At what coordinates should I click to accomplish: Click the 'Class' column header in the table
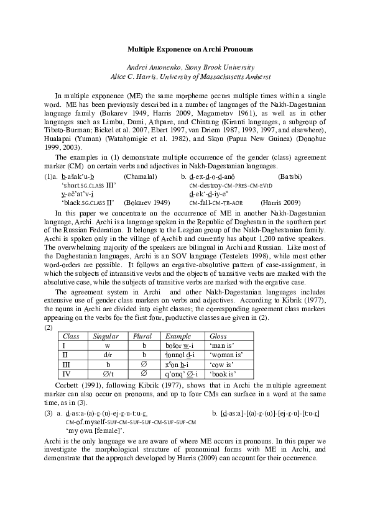pos(72,336)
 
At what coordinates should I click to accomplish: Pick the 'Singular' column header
pos(106,336)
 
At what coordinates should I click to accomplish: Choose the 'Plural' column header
pos(142,336)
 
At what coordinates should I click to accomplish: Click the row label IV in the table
pos(64,375)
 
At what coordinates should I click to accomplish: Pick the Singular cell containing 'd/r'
pos(108,355)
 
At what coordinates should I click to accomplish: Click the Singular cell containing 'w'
pos(108,345)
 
